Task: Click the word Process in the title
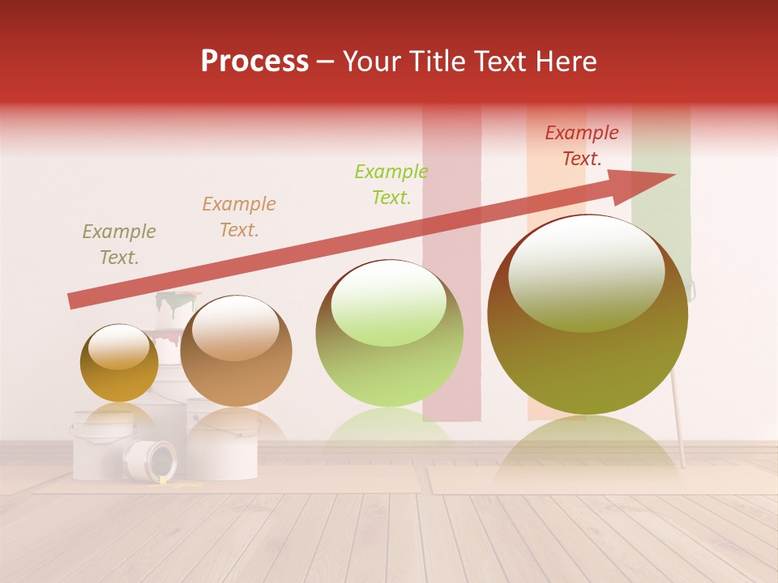pos(254,62)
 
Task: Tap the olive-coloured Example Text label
pos(118,245)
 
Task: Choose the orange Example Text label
pos(238,217)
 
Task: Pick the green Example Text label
pos(391,185)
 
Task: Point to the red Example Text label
pos(581,146)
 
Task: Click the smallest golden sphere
pos(119,363)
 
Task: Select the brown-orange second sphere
pos(236,351)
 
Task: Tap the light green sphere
pos(389,334)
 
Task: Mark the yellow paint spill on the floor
pos(174,483)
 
